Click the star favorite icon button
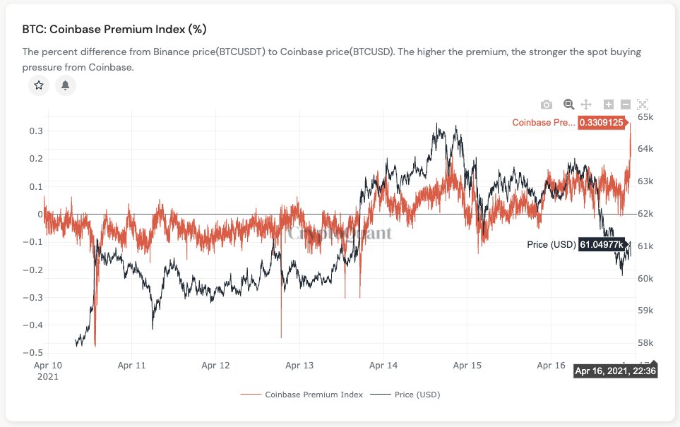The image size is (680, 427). (39, 85)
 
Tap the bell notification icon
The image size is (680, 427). (66, 85)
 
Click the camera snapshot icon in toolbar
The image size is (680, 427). (547, 104)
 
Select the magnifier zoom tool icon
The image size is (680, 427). (568, 104)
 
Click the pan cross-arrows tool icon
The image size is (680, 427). (585, 104)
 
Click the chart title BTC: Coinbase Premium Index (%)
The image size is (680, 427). (114, 29)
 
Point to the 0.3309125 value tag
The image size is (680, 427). (601, 123)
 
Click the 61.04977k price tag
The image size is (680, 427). (602, 244)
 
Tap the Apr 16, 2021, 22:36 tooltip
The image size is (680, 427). (616, 371)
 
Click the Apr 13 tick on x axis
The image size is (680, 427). (299, 366)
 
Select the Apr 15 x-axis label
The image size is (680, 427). (467, 366)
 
